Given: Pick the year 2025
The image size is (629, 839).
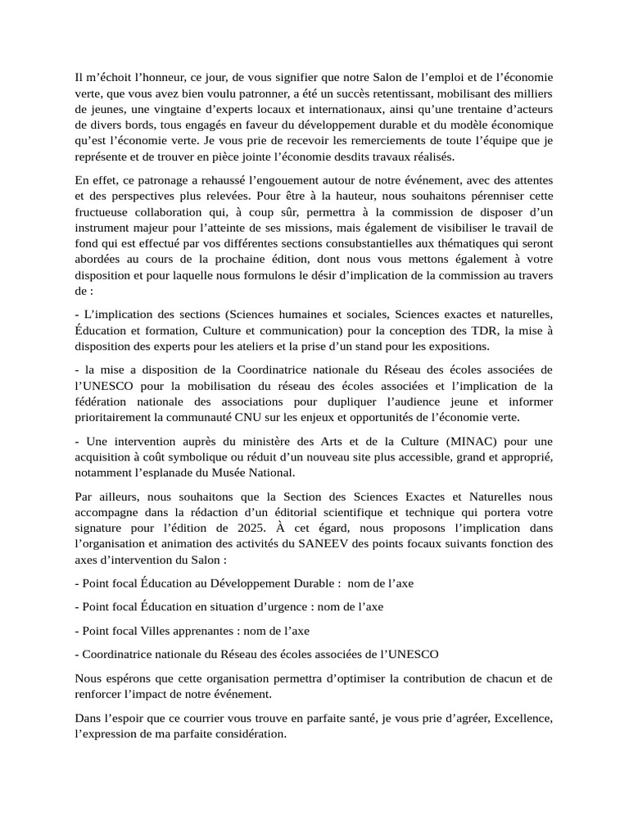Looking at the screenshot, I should click(288, 528).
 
